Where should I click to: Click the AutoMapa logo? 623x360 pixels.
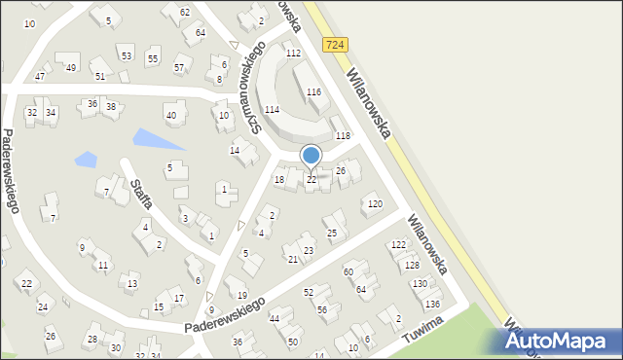click(x=560, y=340)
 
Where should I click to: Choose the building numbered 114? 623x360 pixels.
click(x=272, y=110)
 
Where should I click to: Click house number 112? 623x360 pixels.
click(x=293, y=53)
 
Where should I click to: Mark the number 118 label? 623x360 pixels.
click(x=343, y=136)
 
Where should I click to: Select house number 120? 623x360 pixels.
click(x=375, y=204)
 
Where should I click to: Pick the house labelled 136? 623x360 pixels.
click(x=432, y=305)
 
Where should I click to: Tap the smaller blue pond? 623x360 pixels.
click(x=87, y=158)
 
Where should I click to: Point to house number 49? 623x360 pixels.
click(x=71, y=67)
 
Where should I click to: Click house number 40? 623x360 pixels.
click(x=171, y=116)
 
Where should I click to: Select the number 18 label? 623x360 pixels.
click(x=279, y=179)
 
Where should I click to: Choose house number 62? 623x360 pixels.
click(x=185, y=13)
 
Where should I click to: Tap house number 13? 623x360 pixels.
click(x=132, y=284)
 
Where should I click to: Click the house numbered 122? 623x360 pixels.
click(x=398, y=244)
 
